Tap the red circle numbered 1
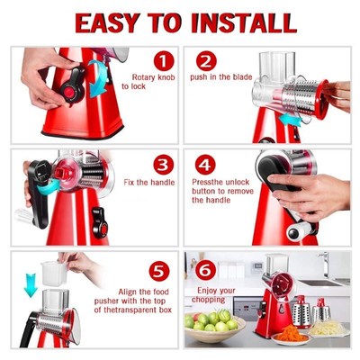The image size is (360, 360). tap(162, 61)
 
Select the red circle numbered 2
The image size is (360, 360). tap(207, 61)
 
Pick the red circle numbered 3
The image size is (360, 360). tap(163, 164)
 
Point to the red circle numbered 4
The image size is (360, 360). tap(207, 164)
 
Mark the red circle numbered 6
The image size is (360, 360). tap(206, 268)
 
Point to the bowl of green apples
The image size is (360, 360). tap(214, 322)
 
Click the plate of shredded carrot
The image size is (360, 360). tap(290, 335)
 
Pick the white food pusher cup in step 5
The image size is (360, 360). tap(56, 273)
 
